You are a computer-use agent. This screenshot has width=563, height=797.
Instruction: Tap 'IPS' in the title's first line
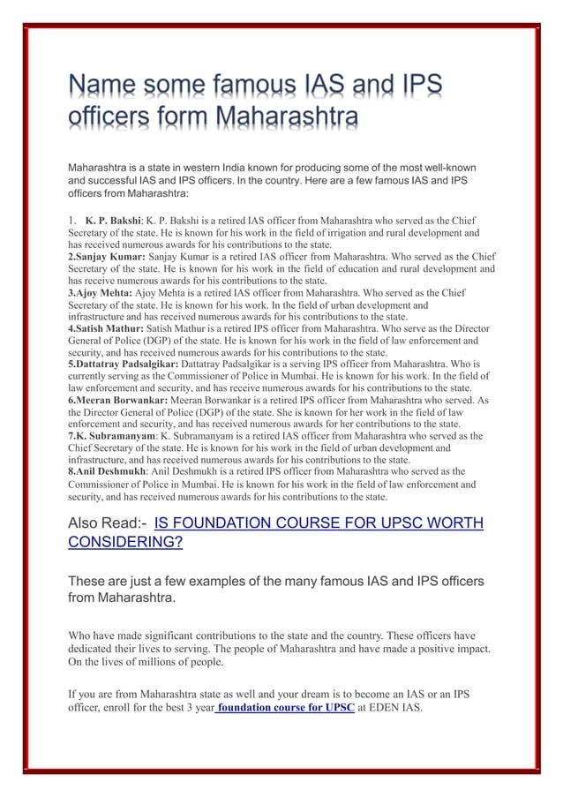pos(415,87)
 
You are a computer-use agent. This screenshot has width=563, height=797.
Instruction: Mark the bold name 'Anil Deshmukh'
pos(105,471)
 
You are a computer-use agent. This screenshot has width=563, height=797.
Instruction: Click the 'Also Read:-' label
pos(107,524)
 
